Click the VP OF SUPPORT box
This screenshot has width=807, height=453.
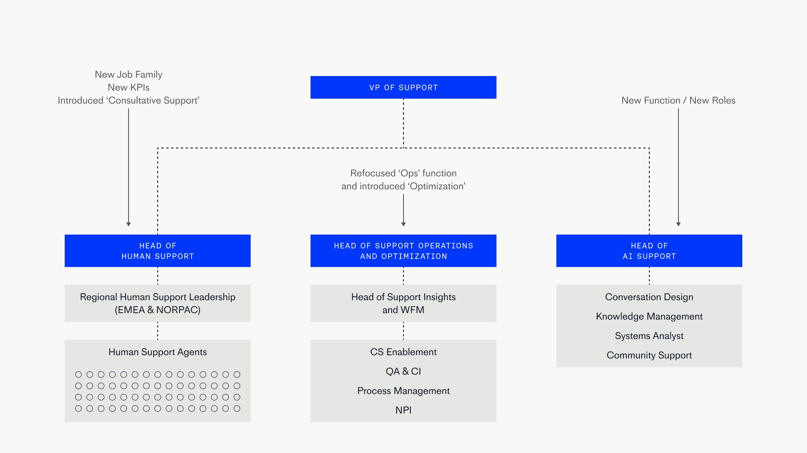(403, 87)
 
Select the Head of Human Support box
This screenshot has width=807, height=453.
(158, 251)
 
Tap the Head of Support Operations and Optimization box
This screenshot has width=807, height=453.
(403, 251)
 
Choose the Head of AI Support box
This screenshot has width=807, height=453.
(649, 251)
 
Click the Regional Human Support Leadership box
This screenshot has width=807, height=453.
(158, 303)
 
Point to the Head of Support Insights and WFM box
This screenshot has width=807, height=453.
(403, 303)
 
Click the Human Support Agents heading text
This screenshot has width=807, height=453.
(158, 352)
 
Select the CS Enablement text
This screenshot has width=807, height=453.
(403, 352)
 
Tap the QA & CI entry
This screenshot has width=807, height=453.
(403, 371)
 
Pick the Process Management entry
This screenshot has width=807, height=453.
(403, 391)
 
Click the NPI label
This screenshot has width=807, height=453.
(403, 410)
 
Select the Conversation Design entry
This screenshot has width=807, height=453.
(649, 297)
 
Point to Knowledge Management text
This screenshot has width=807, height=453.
(649, 316)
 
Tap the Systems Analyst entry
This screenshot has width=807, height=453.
(649, 336)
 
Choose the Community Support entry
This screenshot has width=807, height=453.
(649, 355)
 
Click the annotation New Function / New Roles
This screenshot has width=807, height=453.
(678, 100)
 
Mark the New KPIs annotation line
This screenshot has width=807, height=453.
(129, 87)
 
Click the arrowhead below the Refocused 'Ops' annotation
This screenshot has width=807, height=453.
(403, 224)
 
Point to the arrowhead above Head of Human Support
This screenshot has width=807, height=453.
(129, 224)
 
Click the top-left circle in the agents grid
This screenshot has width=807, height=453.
(78, 375)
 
